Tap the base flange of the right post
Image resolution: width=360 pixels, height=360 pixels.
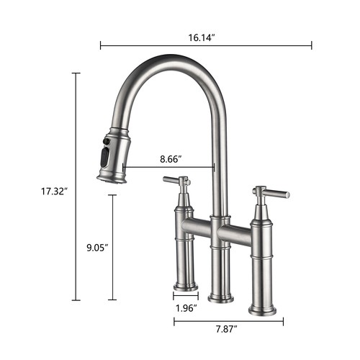point(261,310)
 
